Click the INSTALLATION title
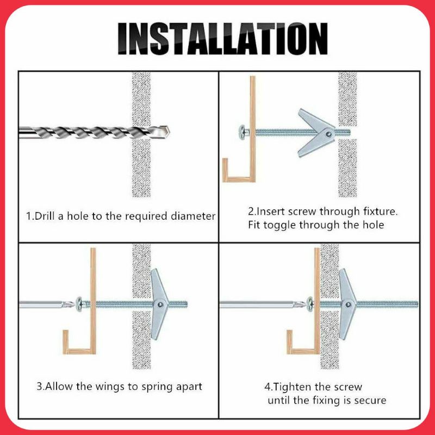[222, 38]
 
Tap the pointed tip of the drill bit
[169, 132]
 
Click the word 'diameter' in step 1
[193, 216]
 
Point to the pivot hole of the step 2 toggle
[329, 134]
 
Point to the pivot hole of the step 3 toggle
[160, 304]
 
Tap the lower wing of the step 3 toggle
[158, 322]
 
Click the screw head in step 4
[309, 304]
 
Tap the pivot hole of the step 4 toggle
[348, 304]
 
